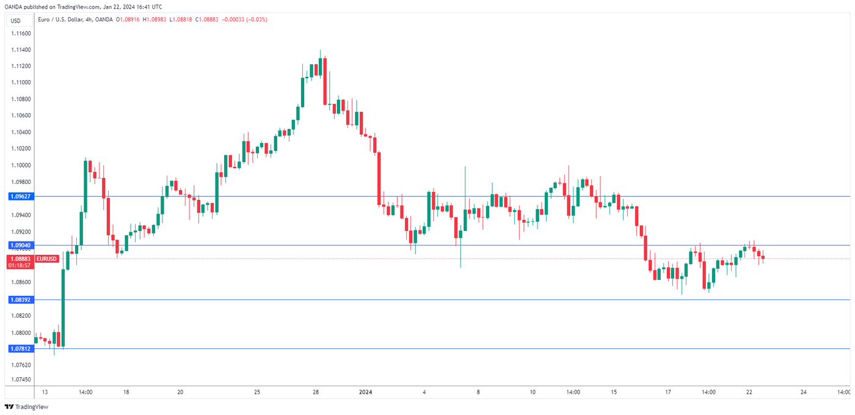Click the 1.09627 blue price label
(x=21, y=196)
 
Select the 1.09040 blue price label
(x=21, y=245)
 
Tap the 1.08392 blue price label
(x=21, y=299)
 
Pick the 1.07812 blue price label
(x=21, y=348)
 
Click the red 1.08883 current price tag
(x=21, y=259)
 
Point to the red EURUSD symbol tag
(x=47, y=259)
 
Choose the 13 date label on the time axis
(x=45, y=392)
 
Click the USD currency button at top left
(x=16, y=20)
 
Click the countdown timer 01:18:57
(x=21, y=266)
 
